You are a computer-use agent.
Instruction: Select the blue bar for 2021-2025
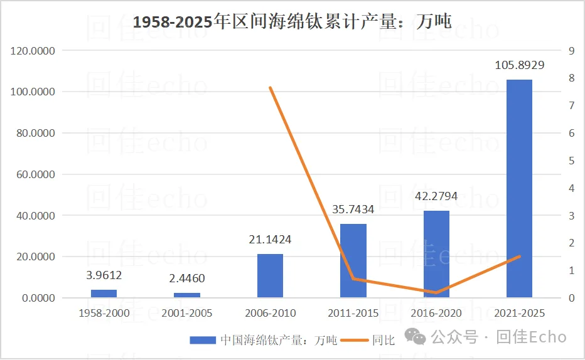tap(519, 188)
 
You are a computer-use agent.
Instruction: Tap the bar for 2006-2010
tap(270, 276)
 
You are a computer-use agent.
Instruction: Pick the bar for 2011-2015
tap(353, 260)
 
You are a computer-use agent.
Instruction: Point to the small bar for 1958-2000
tap(104, 294)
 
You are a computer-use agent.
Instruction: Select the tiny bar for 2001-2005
tap(187, 295)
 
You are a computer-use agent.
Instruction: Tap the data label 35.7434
tap(353, 209)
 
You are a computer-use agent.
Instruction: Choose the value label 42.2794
tap(436, 196)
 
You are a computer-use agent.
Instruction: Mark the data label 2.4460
tap(187, 278)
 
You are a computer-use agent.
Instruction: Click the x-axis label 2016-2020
tap(436, 313)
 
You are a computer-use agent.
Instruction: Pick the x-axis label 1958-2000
tap(104, 313)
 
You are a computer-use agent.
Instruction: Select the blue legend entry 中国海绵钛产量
tap(264, 340)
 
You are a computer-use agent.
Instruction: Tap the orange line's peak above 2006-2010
tap(270, 88)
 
